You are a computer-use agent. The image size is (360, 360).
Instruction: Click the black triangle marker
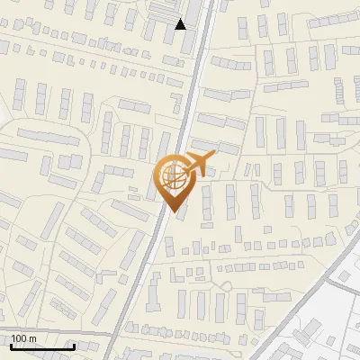coord(181,24)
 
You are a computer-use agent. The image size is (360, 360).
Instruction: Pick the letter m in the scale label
coord(33,338)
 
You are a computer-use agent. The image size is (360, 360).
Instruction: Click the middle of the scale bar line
coord(41,346)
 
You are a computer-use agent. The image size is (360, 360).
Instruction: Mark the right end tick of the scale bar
coord(74,345)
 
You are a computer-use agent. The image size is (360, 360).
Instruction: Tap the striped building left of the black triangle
coord(160,10)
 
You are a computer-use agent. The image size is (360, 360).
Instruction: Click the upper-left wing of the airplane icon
coord(194,155)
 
